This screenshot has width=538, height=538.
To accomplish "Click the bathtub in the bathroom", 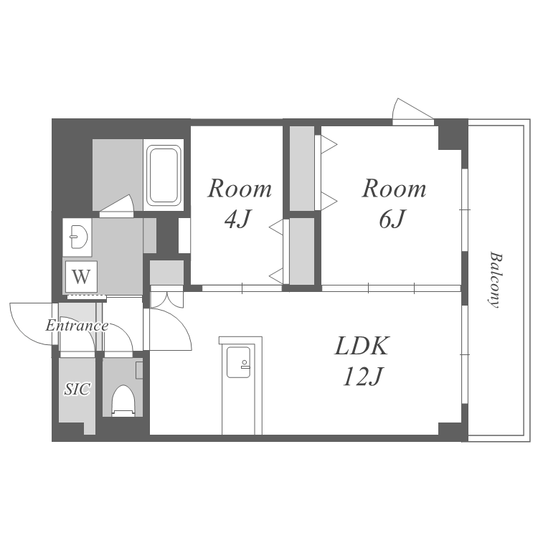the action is (x=164, y=174).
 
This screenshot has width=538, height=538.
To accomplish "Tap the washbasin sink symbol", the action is (x=79, y=237).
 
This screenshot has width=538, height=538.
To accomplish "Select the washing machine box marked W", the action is (x=81, y=277).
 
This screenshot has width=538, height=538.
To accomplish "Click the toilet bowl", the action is (x=123, y=400).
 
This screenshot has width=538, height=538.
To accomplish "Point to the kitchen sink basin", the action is (x=238, y=362).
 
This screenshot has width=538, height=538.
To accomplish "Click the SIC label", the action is (x=77, y=389).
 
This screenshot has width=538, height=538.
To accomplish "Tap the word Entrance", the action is (x=77, y=325).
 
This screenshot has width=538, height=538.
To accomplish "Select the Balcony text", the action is (x=496, y=280).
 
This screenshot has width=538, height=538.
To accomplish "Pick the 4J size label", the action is (x=237, y=219).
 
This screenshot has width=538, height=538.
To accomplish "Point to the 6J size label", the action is (x=392, y=219).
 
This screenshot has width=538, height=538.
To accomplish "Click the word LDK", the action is (x=362, y=346).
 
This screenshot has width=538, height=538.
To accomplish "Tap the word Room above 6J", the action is (x=394, y=189).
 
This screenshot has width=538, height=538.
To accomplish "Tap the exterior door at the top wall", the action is (x=412, y=111).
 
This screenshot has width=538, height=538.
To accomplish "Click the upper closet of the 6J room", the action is (x=302, y=169).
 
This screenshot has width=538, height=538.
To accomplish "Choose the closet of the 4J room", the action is (x=302, y=251).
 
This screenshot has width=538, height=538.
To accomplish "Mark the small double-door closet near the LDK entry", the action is (x=166, y=273).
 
